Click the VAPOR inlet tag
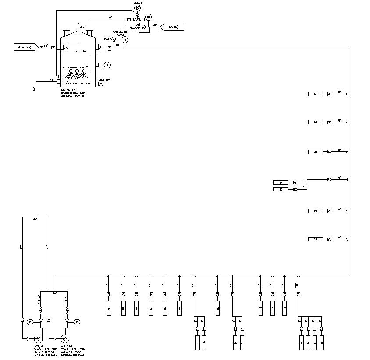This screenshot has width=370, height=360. pos(174,27)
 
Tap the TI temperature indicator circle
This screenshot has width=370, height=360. pos(108,65)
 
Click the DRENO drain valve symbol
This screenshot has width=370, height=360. pos(101,84)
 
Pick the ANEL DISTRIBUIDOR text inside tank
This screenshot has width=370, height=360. pos(77,67)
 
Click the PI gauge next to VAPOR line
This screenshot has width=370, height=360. pos(148,17)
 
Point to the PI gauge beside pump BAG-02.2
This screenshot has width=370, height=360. pos(77,322)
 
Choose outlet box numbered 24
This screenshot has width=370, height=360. pos(315,94)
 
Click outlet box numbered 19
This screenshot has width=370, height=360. pos(315,239)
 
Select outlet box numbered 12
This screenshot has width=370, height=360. pos(261,306)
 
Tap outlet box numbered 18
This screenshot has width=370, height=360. pos(322,342)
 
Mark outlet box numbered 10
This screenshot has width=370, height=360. pos(235,342)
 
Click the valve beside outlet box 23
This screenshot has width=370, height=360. pos(329,122)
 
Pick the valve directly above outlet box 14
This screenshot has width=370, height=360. pos(284,294)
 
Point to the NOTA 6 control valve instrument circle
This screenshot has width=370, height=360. pos(138,8)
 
